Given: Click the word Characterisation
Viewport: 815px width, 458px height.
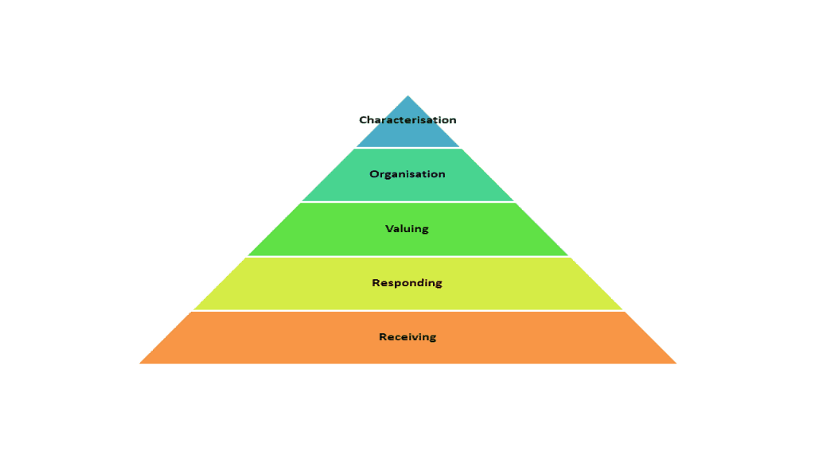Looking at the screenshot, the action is pos(407,120).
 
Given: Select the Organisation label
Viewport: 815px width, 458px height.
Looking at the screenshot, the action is pos(407,174).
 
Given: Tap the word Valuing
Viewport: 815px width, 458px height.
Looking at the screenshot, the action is pos(407,229).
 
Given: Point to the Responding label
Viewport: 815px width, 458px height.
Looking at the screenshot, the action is pos(407,283).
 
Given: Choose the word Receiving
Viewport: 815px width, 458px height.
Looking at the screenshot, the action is pos(407,337).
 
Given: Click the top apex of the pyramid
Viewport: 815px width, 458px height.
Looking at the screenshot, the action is pos(408,95).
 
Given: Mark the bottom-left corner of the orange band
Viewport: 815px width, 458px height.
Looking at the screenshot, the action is pos(139,363).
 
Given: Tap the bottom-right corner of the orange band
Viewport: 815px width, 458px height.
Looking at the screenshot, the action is pos(677,363).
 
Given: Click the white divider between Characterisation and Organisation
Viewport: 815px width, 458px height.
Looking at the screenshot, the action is pos(408,148).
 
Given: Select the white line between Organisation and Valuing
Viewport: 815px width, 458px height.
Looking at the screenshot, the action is pos(408,202).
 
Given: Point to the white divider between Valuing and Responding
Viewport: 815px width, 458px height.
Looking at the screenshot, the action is pos(408,257).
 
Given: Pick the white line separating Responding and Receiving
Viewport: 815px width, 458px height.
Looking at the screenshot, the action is pos(408,311).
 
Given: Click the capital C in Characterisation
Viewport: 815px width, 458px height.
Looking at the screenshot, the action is pos(363,120).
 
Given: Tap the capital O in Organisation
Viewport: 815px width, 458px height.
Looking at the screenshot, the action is pos(374,174).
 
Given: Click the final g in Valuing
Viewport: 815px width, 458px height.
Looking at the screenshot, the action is pos(425,230).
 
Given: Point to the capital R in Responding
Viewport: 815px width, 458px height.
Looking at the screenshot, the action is pos(376,282).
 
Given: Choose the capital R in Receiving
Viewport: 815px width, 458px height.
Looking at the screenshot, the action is pos(383,336).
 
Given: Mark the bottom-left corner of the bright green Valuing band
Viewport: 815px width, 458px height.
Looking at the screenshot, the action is pos(248,255).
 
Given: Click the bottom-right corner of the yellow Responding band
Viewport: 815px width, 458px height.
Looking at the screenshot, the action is pos(622,309).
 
